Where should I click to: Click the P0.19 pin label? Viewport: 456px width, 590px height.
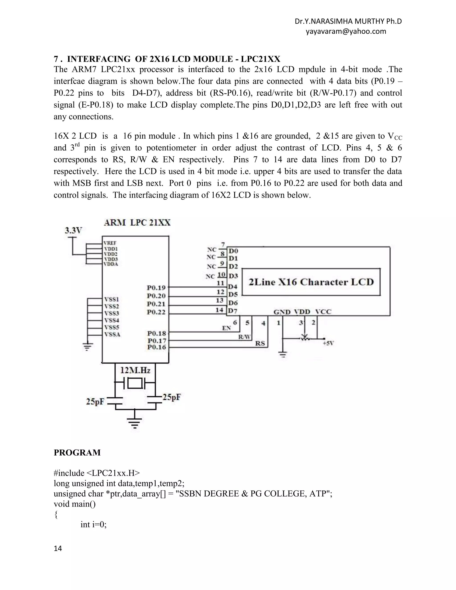[156, 287]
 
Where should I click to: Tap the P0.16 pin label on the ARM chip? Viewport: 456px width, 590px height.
[157, 347]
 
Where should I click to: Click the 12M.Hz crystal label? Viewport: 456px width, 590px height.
[135, 370]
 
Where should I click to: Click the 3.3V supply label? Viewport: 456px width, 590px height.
[73, 230]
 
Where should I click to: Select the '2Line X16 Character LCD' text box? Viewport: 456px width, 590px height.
[311, 282]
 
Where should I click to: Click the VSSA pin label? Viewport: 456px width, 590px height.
[112, 334]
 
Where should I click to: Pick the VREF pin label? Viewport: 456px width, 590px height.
[110, 243]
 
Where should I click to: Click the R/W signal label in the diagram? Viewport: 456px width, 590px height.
[244, 337]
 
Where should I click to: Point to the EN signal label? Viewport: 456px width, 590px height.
[226, 328]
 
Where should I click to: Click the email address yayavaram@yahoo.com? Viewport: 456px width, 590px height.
[346, 31]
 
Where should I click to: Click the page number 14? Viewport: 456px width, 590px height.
[58, 548]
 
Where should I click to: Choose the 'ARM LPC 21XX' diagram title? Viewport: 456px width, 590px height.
[137, 223]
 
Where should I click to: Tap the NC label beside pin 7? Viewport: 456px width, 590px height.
[212, 249]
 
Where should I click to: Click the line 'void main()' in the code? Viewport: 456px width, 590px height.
[75, 504]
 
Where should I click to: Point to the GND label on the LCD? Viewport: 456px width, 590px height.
[282, 312]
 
